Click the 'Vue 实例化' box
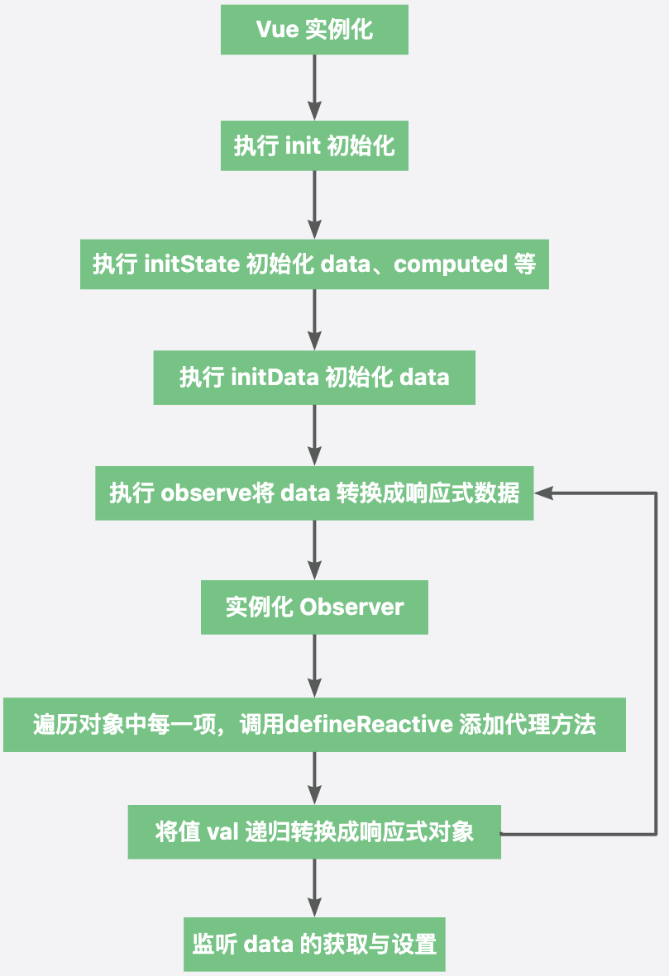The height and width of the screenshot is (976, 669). click(314, 31)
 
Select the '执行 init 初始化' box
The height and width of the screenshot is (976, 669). click(314, 147)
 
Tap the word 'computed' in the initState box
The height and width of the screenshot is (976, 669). click(451, 264)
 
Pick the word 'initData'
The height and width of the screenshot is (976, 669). click(275, 378)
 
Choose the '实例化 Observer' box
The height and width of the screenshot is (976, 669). click(314, 607)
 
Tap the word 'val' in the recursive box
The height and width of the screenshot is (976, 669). click(222, 831)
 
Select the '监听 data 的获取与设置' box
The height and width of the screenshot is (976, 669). click(314, 945)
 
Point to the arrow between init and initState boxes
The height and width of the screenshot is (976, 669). click(314, 205)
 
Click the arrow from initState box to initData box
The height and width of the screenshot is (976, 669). click(314, 321)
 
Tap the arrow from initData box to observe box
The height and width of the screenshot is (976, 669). click(314, 436)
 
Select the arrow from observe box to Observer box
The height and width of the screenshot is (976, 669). click(314, 550)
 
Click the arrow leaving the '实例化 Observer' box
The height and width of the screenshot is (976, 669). click(314, 666)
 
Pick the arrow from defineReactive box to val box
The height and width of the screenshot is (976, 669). click(314, 779)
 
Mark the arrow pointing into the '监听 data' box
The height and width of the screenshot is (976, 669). click(314, 888)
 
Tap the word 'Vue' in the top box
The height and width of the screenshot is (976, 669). click(275, 31)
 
